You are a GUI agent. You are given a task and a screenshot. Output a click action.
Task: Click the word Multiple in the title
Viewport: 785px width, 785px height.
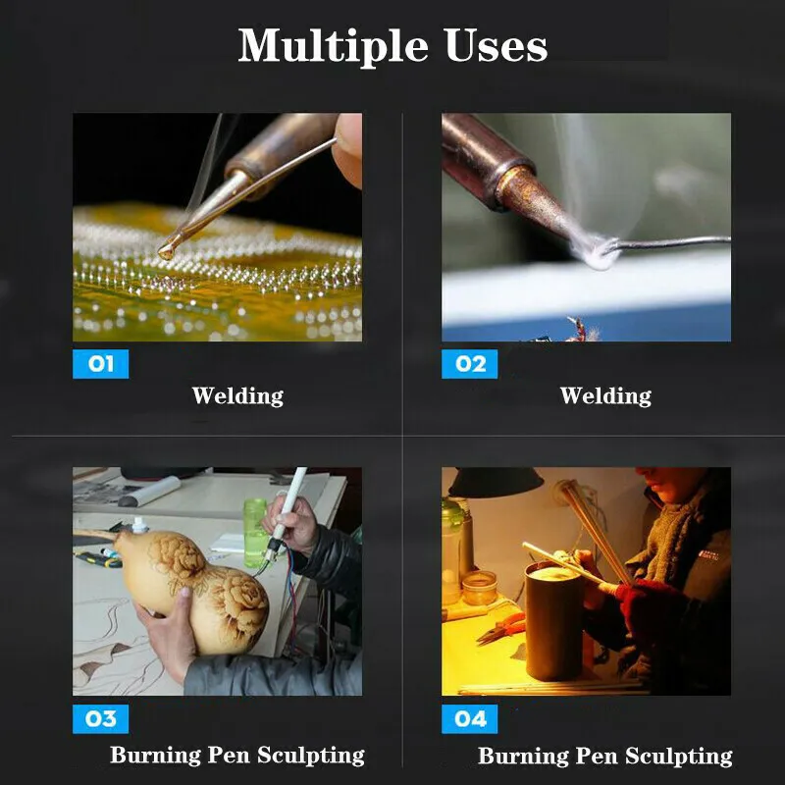(x=333, y=46)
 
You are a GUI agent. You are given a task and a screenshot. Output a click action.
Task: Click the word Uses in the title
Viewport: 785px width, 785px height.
(x=496, y=45)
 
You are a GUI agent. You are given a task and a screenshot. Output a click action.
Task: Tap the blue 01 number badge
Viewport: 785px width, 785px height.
(x=101, y=364)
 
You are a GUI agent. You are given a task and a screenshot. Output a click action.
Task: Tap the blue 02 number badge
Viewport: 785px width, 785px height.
(x=470, y=364)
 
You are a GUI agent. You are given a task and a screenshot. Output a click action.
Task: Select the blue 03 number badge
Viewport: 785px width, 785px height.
(x=101, y=719)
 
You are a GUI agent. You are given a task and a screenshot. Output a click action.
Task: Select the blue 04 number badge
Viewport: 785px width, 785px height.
(x=470, y=719)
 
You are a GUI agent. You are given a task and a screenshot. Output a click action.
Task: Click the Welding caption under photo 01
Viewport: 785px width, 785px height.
(x=237, y=395)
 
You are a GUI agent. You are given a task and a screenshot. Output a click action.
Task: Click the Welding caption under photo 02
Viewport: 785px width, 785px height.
(x=605, y=395)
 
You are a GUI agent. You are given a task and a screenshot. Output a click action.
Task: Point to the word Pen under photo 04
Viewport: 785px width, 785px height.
(x=596, y=756)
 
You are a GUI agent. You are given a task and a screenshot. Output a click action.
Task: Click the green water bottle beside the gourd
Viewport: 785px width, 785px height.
(x=255, y=533)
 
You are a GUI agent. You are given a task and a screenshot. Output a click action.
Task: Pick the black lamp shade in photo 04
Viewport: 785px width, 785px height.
(x=496, y=483)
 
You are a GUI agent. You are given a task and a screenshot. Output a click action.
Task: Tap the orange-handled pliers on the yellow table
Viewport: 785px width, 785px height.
(x=500, y=628)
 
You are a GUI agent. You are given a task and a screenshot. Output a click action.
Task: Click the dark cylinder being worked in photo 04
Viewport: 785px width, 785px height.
(x=554, y=621)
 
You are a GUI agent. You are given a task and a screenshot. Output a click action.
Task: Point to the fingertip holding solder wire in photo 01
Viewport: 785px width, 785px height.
(x=348, y=148)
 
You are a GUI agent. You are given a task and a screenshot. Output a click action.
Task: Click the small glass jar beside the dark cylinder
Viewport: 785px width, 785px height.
(x=480, y=588)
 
